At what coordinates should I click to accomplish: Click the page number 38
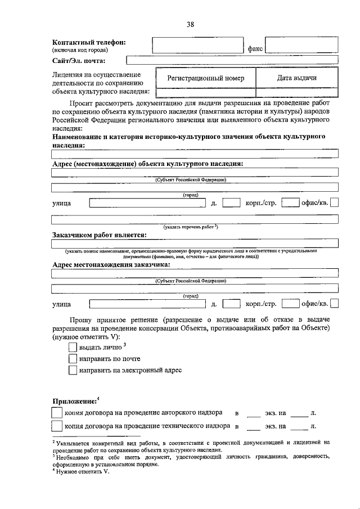point(190,24)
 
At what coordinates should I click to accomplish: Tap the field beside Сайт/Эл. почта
point(232,61)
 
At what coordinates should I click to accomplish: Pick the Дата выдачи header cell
point(296,78)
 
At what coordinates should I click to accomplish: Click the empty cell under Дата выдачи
point(296,93)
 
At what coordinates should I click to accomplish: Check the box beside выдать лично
point(72,348)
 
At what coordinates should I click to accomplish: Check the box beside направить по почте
point(72,359)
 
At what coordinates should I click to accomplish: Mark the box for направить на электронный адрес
point(72,370)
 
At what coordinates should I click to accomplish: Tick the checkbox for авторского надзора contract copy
point(57,412)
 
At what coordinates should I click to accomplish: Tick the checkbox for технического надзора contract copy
point(57,426)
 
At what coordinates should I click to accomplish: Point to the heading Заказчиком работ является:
point(99,234)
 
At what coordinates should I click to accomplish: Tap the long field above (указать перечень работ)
point(194,219)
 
